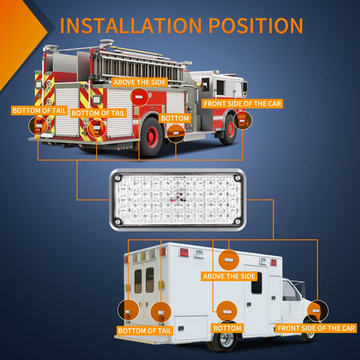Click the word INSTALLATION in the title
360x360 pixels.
click(x=131, y=26)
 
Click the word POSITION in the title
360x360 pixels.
click(x=256, y=26)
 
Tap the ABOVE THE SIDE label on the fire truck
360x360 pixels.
click(x=140, y=82)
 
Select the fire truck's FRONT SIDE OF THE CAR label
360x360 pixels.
click(x=243, y=103)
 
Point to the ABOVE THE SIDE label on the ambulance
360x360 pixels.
click(x=229, y=276)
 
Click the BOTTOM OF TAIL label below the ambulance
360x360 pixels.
click(x=145, y=330)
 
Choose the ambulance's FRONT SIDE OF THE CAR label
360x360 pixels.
click(x=316, y=328)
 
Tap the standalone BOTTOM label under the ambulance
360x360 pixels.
click(x=227, y=328)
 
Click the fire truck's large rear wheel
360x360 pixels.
click(x=151, y=137)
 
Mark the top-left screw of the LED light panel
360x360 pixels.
click(x=118, y=178)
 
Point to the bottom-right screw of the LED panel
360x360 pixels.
click(x=237, y=221)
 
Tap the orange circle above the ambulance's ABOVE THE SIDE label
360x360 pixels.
click(x=229, y=260)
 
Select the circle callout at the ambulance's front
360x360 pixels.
click(x=317, y=311)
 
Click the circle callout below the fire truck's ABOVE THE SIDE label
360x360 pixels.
click(x=139, y=97)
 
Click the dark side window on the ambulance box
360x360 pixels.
click(x=257, y=283)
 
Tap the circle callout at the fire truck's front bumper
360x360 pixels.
click(x=243, y=121)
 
